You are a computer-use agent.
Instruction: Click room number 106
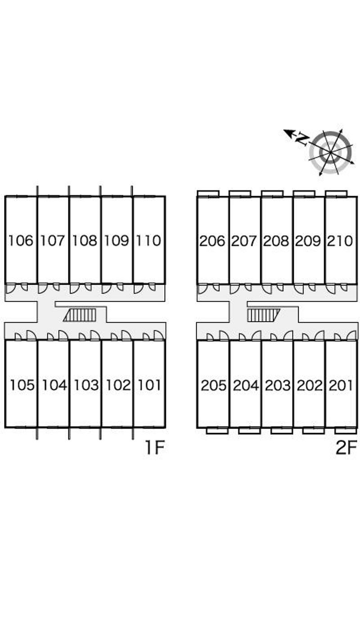point(21,241)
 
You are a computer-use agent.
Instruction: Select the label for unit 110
point(148,241)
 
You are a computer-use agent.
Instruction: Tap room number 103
point(86,385)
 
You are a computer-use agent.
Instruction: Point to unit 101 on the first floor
point(149,385)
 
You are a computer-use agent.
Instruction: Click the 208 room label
point(276,241)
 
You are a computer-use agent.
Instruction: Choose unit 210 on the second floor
point(340,241)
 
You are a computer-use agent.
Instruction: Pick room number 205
point(214,385)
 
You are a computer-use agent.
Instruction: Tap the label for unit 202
point(310,385)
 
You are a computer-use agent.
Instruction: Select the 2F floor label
point(346,447)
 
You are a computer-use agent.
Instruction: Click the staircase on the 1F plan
point(80,315)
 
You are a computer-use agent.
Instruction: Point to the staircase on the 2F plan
point(264,315)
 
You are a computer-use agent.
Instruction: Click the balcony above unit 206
point(208,193)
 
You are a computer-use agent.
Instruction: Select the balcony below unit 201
point(346,431)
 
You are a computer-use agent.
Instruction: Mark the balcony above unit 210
point(336,193)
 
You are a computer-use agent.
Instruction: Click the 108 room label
point(85,241)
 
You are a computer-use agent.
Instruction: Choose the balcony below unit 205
point(217,431)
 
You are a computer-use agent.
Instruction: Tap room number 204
point(246,385)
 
